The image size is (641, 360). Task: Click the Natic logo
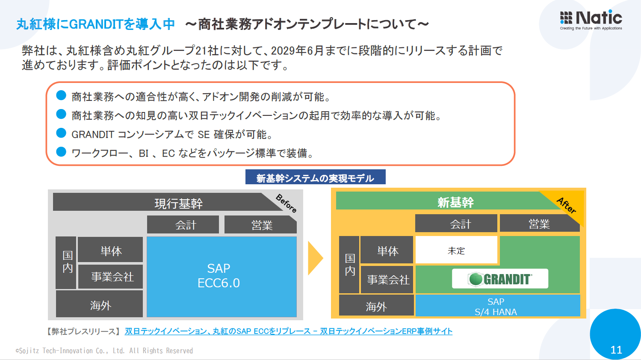(x=591, y=19)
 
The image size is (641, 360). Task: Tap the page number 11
(x=616, y=350)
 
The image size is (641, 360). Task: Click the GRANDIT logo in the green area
(x=500, y=279)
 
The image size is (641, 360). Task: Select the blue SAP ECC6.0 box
(x=222, y=276)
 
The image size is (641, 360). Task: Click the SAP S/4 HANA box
(x=497, y=306)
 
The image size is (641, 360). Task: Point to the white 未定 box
(x=456, y=251)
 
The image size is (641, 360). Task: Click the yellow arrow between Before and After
(x=315, y=258)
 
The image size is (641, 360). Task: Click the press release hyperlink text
(x=288, y=331)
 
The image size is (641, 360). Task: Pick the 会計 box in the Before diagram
(x=183, y=225)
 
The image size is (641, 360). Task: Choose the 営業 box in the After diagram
(x=539, y=224)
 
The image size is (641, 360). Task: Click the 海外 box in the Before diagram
(x=100, y=305)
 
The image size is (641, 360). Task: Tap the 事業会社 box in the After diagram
(x=387, y=280)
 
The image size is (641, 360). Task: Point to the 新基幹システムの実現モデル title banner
(x=315, y=178)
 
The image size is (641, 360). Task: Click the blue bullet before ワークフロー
(x=61, y=152)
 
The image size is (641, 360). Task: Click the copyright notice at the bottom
(x=104, y=351)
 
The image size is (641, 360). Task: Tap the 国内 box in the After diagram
(x=349, y=265)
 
